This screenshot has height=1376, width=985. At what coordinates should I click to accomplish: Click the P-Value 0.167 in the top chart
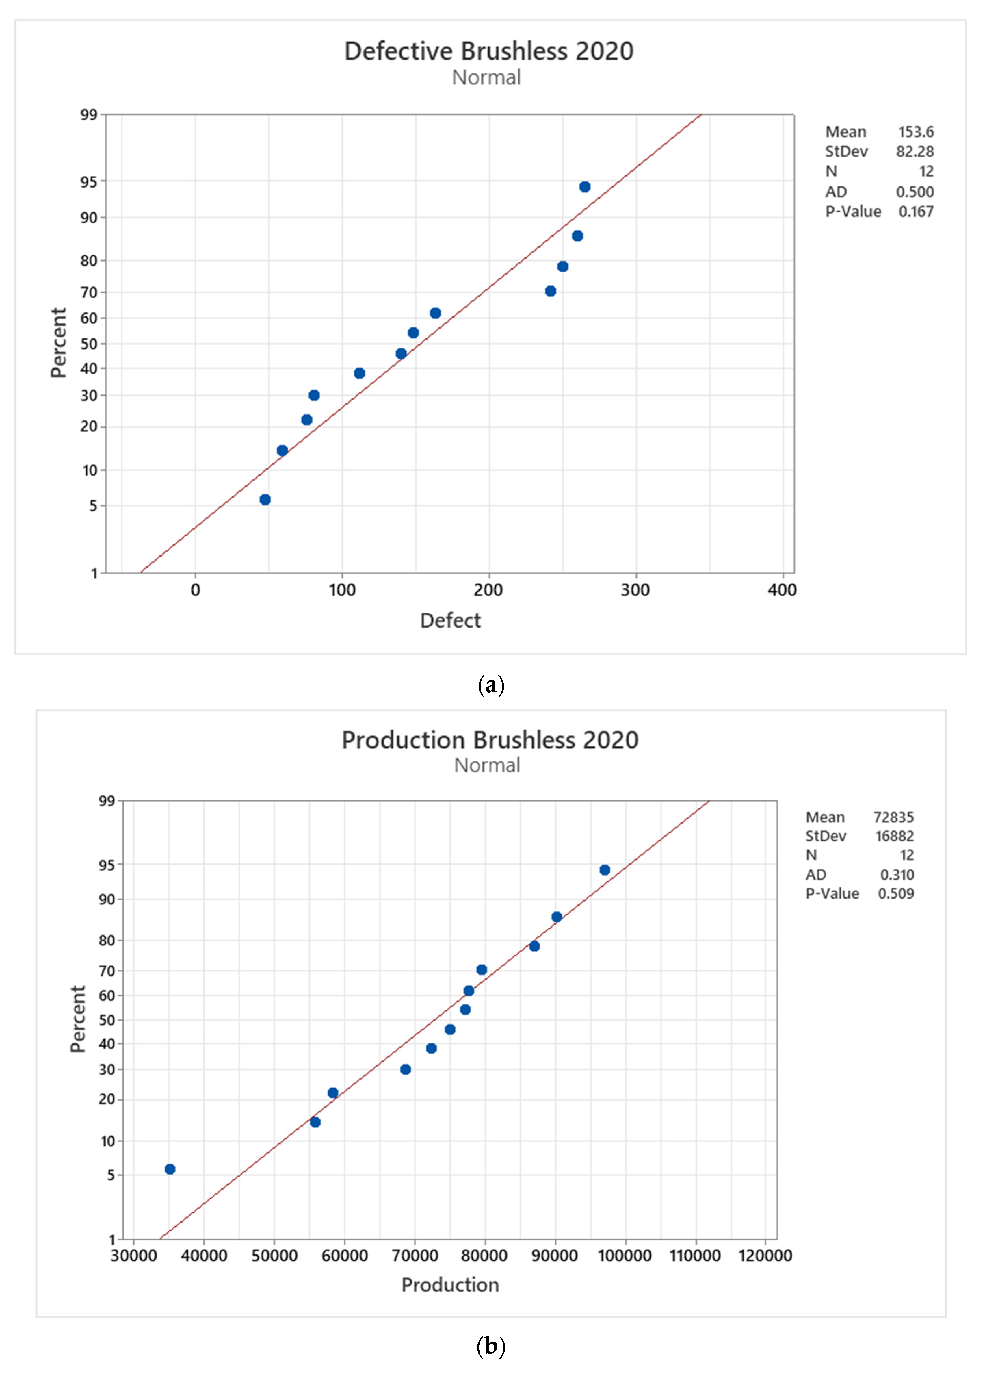tap(916, 212)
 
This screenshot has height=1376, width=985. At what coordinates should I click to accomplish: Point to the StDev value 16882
tap(894, 836)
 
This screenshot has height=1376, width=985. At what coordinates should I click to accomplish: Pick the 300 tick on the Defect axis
tap(635, 590)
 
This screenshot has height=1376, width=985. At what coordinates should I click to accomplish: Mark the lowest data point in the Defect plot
tap(265, 499)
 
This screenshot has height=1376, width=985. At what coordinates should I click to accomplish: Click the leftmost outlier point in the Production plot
tap(170, 1169)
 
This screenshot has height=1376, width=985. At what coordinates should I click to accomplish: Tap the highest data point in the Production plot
tap(605, 870)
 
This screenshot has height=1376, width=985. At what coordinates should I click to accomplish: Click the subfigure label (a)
tap(491, 686)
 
